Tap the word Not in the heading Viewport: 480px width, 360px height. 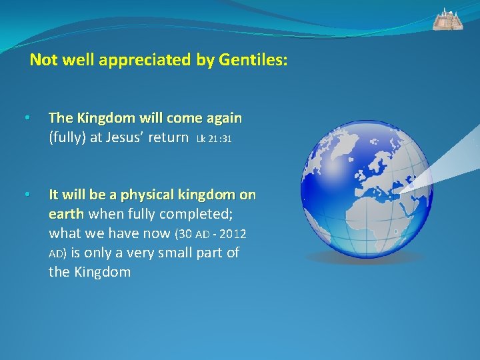pyautogui.click(x=44, y=61)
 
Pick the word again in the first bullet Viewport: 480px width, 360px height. pyautogui.click(x=224, y=119)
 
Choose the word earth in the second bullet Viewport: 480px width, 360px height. pyautogui.click(x=66, y=214)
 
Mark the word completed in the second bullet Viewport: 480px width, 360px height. pyautogui.click(x=197, y=214)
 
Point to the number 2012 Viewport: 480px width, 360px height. pyautogui.click(x=233, y=234)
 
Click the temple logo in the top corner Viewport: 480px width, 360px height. pyautogui.click(x=447, y=19)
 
